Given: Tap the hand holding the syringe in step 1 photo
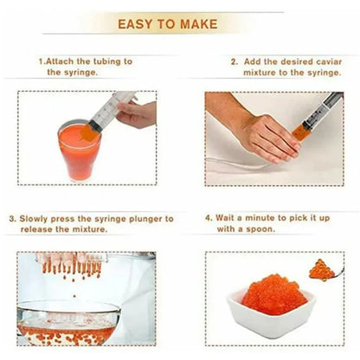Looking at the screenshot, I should coord(138,113).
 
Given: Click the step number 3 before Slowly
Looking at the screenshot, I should coord(11,219).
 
